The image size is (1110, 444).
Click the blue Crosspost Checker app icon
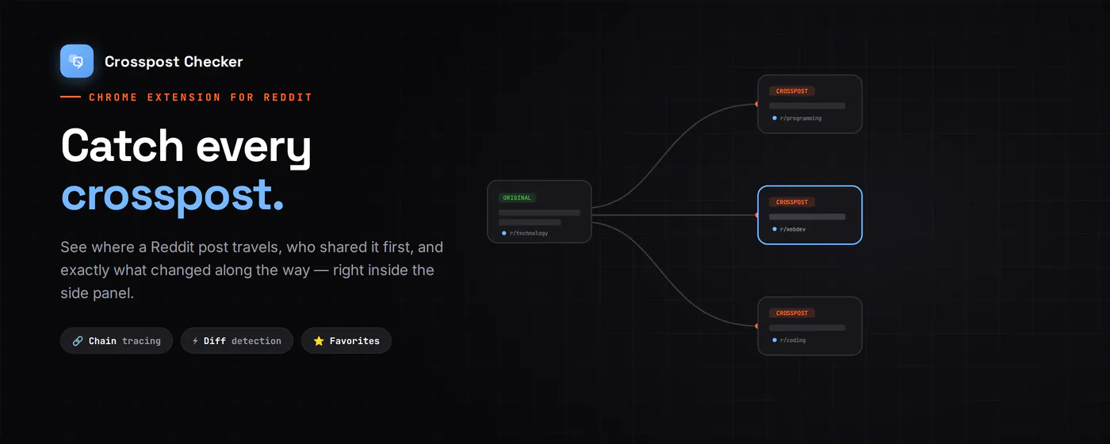point(77,61)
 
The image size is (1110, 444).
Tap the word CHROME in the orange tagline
point(113,97)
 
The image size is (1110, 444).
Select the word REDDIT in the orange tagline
point(288,97)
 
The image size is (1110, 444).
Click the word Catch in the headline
point(122,145)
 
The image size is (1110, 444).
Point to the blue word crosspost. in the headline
point(173,196)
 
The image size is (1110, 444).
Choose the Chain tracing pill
point(117,340)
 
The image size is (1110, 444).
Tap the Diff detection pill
point(237,340)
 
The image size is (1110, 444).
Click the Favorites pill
point(346,340)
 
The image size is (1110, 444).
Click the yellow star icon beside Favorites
point(319,340)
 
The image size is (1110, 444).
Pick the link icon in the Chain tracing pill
point(78,341)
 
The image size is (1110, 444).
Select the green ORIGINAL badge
point(517,197)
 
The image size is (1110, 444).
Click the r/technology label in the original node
point(529,233)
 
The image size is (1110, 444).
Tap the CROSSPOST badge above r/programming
point(792,91)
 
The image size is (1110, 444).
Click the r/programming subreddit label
point(801,118)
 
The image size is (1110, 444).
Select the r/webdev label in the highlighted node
point(793,229)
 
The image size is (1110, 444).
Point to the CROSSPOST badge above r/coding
point(792,313)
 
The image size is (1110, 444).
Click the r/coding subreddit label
point(793,340)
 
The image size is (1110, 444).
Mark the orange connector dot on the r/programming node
point(756,104)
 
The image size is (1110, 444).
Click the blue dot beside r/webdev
point(775,229)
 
